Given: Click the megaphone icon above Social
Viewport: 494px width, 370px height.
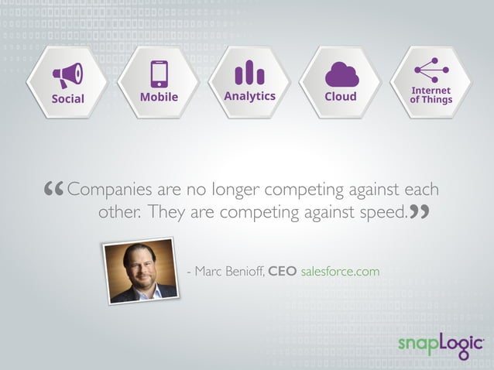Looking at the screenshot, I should (x=68, y=75).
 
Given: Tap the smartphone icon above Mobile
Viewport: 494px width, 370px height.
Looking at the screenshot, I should (x=160, y=74).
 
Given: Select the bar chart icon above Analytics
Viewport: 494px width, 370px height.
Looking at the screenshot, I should (x=249, y=74).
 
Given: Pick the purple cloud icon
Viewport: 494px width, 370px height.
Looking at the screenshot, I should (x=341, y=74).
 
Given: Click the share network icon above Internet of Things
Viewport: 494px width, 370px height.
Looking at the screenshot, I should (x=431, y=70).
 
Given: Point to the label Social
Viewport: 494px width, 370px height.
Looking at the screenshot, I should (x=68, y=98).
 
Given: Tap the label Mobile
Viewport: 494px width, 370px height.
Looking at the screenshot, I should (x=160, y=97).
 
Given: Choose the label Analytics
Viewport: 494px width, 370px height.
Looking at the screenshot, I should (x=249, y=96).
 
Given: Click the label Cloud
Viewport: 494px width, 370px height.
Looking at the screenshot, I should (x=341, y=97).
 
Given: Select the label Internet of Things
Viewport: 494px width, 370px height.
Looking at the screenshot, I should (x=431, y=95).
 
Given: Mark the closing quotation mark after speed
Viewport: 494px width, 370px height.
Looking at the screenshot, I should (x=418, y=211).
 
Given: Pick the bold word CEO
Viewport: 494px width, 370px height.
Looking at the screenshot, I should (x=282, y=272).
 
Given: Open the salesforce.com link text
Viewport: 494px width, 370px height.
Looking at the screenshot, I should (x=340, y=272).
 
